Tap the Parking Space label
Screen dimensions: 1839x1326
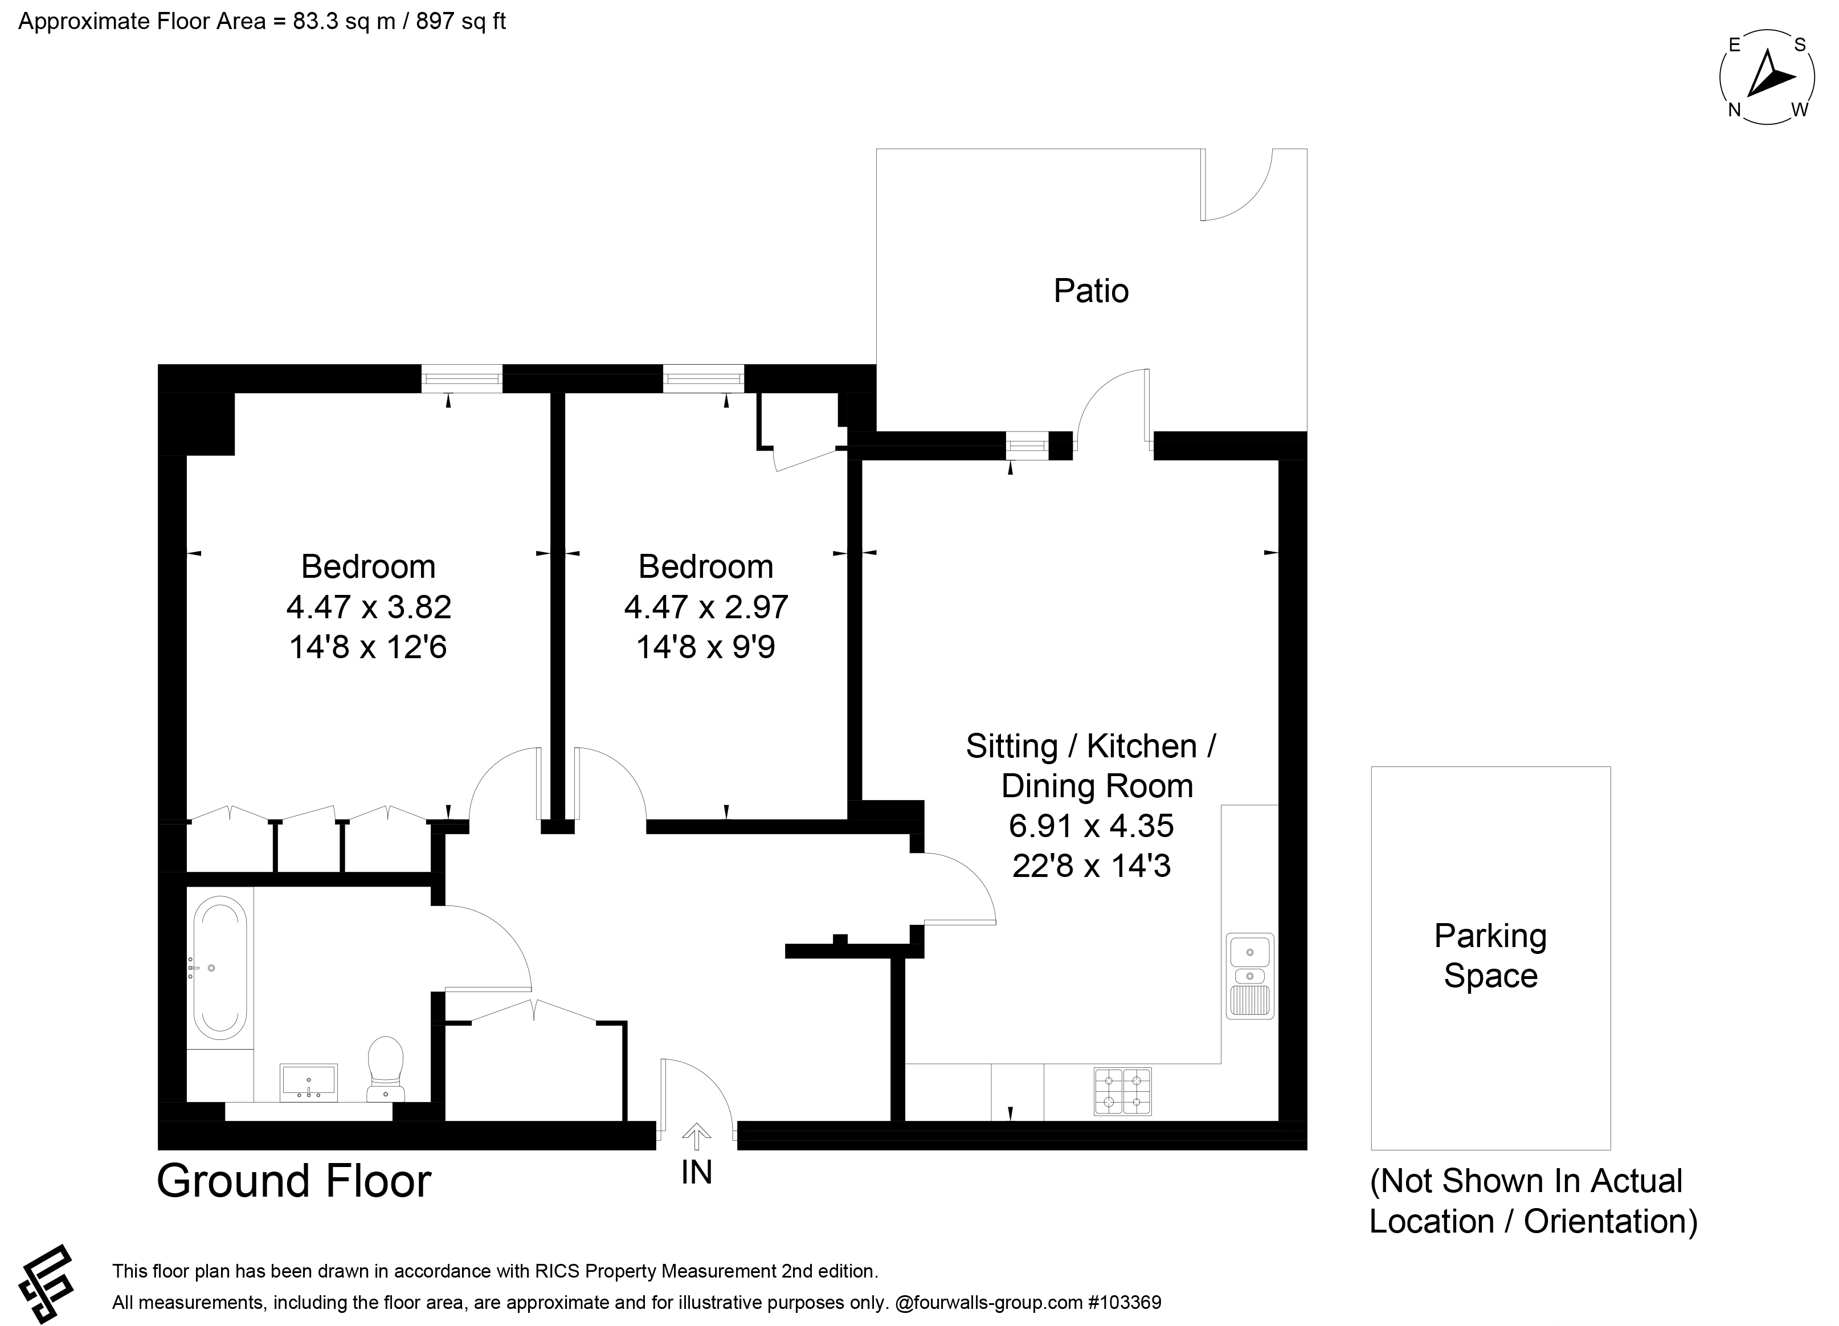(x=1490, y=956)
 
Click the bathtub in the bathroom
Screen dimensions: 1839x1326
(x=220, y=968)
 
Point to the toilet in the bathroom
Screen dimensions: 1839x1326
(x=386, y=1069)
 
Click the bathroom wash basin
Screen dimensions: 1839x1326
(x=308, y=1083)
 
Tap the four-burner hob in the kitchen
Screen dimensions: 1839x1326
(x=1123, y=1092)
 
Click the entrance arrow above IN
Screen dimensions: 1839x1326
(x=695, y=1136)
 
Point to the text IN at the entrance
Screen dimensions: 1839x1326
(x=697, y=1172)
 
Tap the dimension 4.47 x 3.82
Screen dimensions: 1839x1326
(x=368, y=607)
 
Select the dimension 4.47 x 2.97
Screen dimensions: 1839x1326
(x=705, y=607)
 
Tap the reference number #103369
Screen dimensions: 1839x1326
(x=1125, y=1303)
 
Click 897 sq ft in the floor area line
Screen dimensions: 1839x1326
(x=460, y=21)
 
